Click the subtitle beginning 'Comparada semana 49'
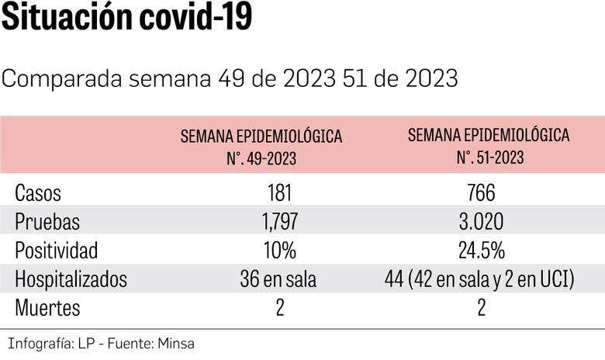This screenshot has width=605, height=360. (x=230, y=79)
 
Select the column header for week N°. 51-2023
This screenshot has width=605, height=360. (x=489, y=145)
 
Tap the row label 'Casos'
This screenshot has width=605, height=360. (x=38, y=193)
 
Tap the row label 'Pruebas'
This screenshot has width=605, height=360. (x=47, y=222)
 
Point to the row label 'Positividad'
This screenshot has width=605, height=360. (x=57, y=251)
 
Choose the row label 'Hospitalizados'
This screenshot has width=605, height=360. (x=71, y=279)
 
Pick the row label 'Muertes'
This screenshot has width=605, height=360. (x=47, y=308)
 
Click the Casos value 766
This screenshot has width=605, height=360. (x=481, y=193)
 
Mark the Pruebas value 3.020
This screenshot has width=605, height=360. (x=481, y=222)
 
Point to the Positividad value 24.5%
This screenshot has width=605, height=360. (x=481, y=251)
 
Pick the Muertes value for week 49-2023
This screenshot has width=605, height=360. (x=278, y=308)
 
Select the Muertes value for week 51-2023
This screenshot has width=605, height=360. (x=481, y=308)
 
